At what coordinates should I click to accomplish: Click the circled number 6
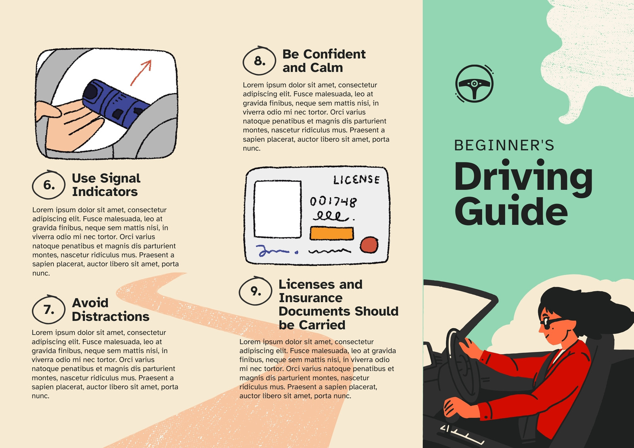click(49, 185)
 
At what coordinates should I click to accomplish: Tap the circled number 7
click(49, 309)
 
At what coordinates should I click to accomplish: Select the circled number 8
click(259, 61)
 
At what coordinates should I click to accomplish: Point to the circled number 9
click(255, 291)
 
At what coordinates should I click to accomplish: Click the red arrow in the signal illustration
click(141, 72)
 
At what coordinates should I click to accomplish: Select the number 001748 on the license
click(333, 202)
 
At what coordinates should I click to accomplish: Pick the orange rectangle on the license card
click(332, 233)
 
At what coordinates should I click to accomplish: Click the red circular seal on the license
click(369, 245)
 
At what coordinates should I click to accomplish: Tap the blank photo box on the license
click(277, 209)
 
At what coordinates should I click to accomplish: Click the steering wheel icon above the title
click(474, 84)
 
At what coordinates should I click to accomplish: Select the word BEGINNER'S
click(504, 145)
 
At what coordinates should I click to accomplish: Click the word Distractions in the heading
click(111, 316)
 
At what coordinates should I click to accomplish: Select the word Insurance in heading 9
click(311, 298)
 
